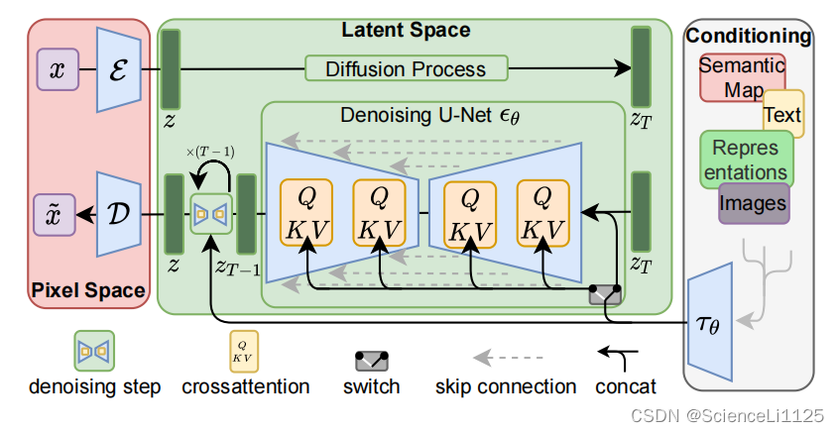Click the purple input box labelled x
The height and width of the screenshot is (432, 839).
58,69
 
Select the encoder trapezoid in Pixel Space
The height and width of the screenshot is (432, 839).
119,70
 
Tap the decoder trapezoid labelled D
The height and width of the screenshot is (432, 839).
119,214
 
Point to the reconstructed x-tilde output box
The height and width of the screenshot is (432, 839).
55,215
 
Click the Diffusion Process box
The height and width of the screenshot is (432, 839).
407,68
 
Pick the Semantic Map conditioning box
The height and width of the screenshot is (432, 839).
742,77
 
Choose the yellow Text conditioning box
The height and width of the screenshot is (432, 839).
782,114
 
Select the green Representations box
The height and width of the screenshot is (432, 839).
746,160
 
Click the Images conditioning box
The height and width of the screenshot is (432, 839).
754,203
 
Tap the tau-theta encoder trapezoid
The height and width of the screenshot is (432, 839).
709,322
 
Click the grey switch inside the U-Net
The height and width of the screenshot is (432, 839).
605,294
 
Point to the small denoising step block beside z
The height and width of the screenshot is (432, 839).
211,214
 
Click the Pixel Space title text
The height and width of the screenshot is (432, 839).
88,290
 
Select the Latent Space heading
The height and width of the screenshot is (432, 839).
407,30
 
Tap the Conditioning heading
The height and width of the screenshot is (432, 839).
749,36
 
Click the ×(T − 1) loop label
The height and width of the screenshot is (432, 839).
210,152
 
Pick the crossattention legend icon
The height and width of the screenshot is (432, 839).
244,352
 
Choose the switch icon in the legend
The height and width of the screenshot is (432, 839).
372,362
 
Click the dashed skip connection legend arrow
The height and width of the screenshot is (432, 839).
509,357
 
